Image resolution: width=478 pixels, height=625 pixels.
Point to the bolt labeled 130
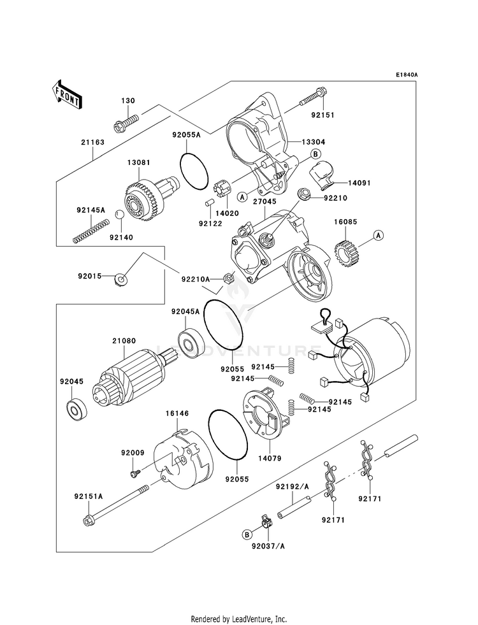[127, 121]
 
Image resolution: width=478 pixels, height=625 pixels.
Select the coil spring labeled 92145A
[91, 230]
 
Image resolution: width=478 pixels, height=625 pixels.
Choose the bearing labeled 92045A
[189, 342]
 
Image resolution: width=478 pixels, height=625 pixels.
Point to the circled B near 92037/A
[246, 533]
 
